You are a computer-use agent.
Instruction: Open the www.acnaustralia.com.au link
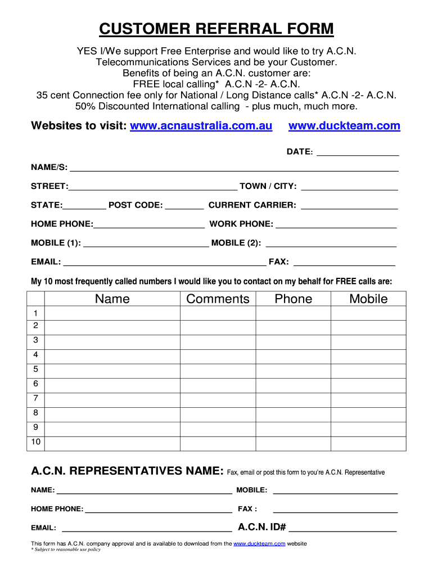click(x=201, y=126)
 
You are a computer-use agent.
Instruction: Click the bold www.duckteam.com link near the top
click(x=344, y=126)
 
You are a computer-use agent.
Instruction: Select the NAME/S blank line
click(x=234, y=169)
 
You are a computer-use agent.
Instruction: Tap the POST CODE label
click(x=136, y=205)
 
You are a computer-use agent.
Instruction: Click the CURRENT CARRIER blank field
click(x=349, y=206)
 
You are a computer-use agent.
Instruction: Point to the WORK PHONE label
click(x=241, y=224)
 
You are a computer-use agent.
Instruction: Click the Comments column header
click(x=218, y=299)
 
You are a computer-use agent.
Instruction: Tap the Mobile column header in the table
click(x=368, y=299)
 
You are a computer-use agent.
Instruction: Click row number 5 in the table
click(x=35, y=370)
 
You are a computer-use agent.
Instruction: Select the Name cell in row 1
click(x=112, y=313)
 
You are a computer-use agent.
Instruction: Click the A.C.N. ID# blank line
click(x=342, y=529)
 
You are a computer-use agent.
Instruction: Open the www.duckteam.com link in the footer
click(x=259, y=544)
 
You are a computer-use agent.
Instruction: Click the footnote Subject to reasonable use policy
click(x=66, y=550)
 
